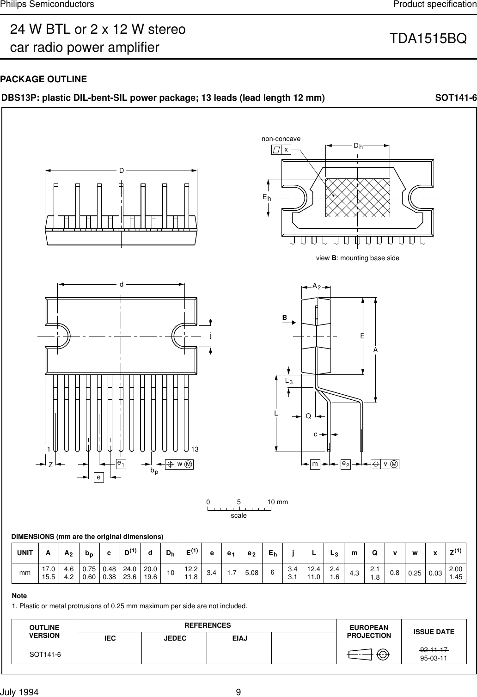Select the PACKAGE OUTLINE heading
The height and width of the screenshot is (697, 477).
coord(43,79)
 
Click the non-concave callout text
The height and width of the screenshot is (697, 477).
coord(281,139)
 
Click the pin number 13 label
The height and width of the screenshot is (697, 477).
coord(195,449)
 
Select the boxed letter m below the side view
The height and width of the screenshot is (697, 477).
coord(315,464)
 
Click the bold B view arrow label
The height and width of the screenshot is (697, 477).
coord(285,318)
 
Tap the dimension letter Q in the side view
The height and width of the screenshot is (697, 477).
coord(308,416)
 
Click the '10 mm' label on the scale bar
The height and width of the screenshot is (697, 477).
coord(277,502)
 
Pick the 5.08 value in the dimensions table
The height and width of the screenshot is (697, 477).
coord(252,573)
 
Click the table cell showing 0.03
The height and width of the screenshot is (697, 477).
coord(434,573)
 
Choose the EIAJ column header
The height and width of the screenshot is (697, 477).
coord(239,638)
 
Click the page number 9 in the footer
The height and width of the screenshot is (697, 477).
coord(238,692)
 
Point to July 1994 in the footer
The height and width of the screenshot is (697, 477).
coord(20,692)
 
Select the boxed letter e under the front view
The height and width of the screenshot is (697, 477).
coord(98,477)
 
